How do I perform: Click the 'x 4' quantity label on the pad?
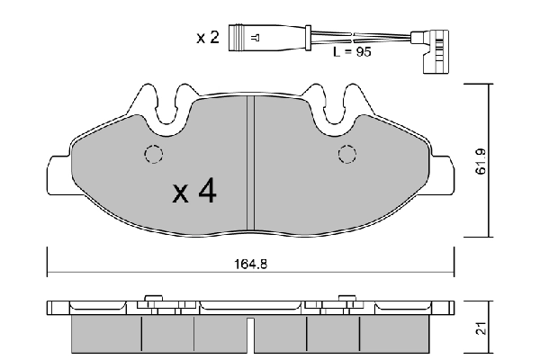[193, 191]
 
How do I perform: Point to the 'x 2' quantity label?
[209, 38]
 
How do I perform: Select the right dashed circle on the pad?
[345, 155]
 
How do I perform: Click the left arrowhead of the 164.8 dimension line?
[50, 274]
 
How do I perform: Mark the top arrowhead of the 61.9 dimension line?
[488, 88]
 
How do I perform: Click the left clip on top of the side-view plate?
[151, 298]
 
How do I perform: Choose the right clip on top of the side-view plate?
[346, 298]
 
